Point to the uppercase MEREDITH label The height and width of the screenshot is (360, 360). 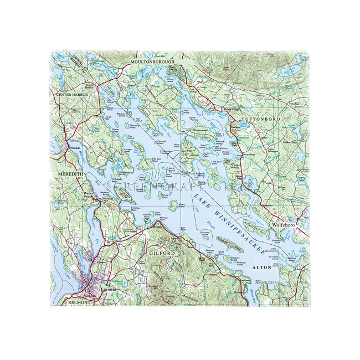70,174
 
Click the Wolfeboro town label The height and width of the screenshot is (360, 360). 283,227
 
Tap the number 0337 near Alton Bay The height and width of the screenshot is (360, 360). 271,283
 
